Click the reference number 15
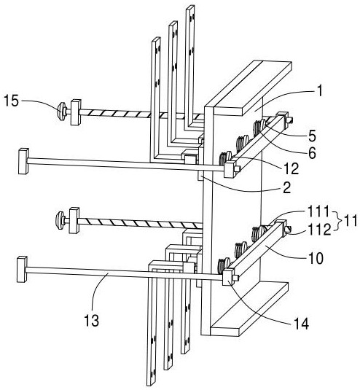click(11, 101)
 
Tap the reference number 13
click(92, 320)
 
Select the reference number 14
click(301, 324)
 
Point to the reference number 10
click(316, 259)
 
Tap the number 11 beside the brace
click(350, 220)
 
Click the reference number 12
click(291, 169)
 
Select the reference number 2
click(286, 188)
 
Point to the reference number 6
click(312, 153)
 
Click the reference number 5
click(312, 136)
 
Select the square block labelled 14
click(228, 278)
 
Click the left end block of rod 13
click(22, 270)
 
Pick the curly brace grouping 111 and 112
click(337, 221)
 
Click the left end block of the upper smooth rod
click(23, 161)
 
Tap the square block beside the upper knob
click(76, 112)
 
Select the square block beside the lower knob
click(74, 220)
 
